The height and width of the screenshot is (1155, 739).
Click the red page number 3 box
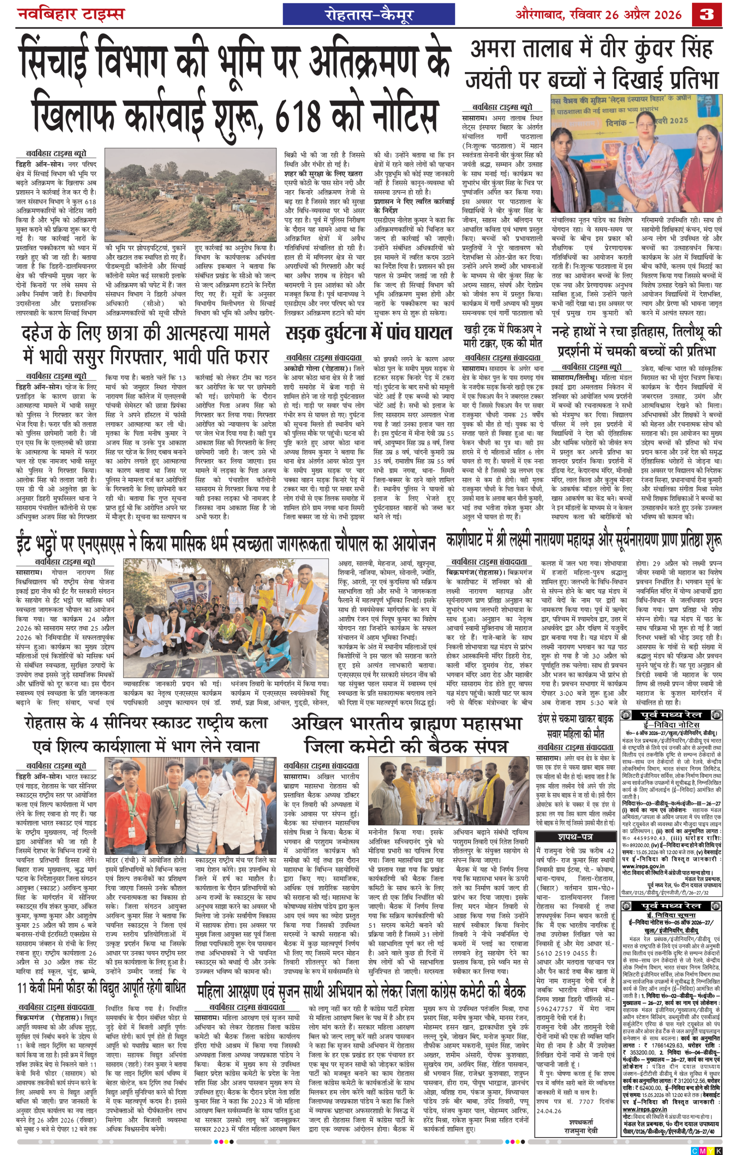[707, 15]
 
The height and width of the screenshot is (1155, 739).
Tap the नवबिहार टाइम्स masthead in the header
[71, 13]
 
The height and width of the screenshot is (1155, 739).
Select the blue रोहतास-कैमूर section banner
[368, 14]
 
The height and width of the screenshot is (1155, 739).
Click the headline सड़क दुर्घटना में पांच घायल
[368, 333]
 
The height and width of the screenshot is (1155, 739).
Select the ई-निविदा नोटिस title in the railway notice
[671, 725]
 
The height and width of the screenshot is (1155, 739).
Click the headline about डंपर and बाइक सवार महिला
[575, 726]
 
